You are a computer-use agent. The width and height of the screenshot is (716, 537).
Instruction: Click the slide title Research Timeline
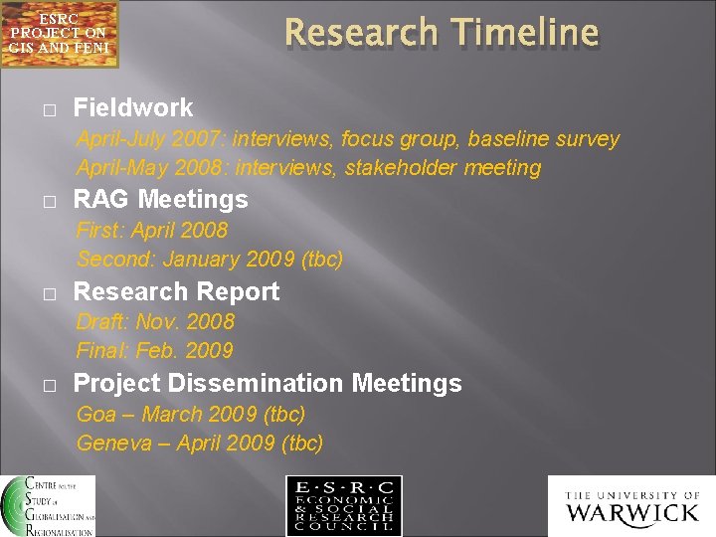pyautogui.click(x=442, y=33)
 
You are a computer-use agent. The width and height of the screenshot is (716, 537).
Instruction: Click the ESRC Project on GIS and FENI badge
pyautogui.click(x=59, y=34)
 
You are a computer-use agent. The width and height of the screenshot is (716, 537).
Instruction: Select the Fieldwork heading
pyautogui.click(x=133, y=107)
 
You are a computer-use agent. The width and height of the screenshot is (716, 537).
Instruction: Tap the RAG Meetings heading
pyautogui.click(x=161, y=199)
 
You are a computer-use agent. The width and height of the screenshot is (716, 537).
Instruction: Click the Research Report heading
pyautogui.click(x=177, y=291)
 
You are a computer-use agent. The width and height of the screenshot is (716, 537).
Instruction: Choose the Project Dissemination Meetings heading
pyautogui.click(x=268, y=383)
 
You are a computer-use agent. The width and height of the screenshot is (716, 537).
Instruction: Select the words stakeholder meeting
pyautogui.click(x=443, y=168)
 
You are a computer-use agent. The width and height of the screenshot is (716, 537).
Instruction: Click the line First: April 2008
pyautogui.click(x=152, y=230)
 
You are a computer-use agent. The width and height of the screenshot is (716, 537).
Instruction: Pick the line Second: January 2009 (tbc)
pyautogui.click(x=210, y=260)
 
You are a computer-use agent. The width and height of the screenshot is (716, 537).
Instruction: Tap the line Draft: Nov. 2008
pyautogui.click(x=155, y=321)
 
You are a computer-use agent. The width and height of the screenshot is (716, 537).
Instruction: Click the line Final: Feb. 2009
pyautogui.click(x=155, y=350)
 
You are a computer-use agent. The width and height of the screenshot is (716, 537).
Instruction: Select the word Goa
pyautogui.click(x=96, y=414)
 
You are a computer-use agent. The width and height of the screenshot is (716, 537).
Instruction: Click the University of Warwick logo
pyautogui.click(x=631, y=506)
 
